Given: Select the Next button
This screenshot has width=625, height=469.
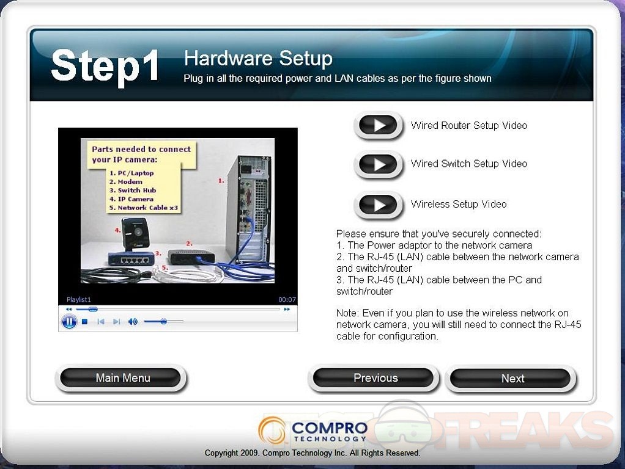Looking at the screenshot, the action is [x=512, y=378].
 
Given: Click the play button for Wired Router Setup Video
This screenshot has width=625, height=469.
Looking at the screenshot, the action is [x=379, y=125].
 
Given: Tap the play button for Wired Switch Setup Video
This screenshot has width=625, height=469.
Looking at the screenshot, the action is [x=379, y=164].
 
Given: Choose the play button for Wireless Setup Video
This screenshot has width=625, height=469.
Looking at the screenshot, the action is [x=379, y=205].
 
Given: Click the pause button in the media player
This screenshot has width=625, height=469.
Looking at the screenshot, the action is [x=69, y=321].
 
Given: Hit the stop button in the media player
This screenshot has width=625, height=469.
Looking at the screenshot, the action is [x=84, y=322].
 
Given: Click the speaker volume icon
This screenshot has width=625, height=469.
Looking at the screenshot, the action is [x=133, y=322].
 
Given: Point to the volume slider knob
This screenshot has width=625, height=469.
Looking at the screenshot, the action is [x=163, y=321].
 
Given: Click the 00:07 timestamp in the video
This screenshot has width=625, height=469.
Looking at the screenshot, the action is [x=287, y=299].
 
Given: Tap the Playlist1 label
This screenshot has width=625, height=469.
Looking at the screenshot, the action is [x=78, y=299].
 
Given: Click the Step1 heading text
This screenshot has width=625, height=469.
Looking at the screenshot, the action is [x=105, y=65].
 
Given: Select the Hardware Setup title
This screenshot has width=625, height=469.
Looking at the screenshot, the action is [x=258, y=58].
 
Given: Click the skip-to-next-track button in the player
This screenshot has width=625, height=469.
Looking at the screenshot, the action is [x=116, y=322].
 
